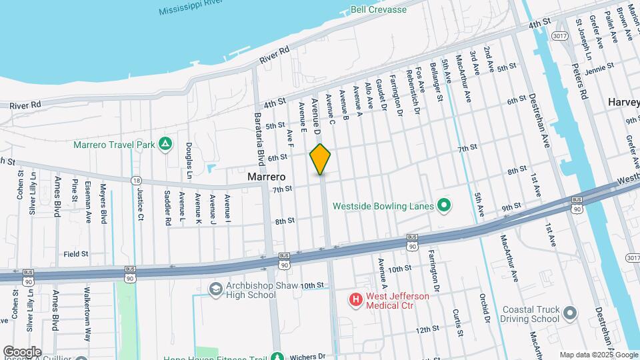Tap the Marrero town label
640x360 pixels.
266,177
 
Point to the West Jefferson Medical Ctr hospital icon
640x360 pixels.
356,301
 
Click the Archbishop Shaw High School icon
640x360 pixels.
215,289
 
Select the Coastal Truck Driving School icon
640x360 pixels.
569,312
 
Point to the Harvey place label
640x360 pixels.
623,102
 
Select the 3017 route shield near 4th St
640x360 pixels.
559,37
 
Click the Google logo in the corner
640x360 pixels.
21,351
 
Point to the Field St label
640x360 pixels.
77,254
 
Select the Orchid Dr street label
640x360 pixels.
486,308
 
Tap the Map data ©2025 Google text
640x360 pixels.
598,355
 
